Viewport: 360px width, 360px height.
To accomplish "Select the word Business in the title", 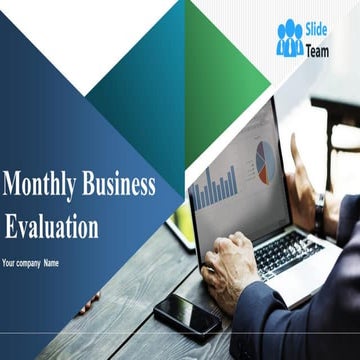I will (x=119, y=185).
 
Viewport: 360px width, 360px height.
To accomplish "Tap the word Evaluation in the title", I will (x=52, y=225).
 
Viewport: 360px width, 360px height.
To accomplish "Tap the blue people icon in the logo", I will (x=290, y=38).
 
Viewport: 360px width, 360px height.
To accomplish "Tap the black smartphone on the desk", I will (x=187, y=316).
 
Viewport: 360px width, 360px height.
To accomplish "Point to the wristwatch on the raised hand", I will (x=320, y=212).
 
